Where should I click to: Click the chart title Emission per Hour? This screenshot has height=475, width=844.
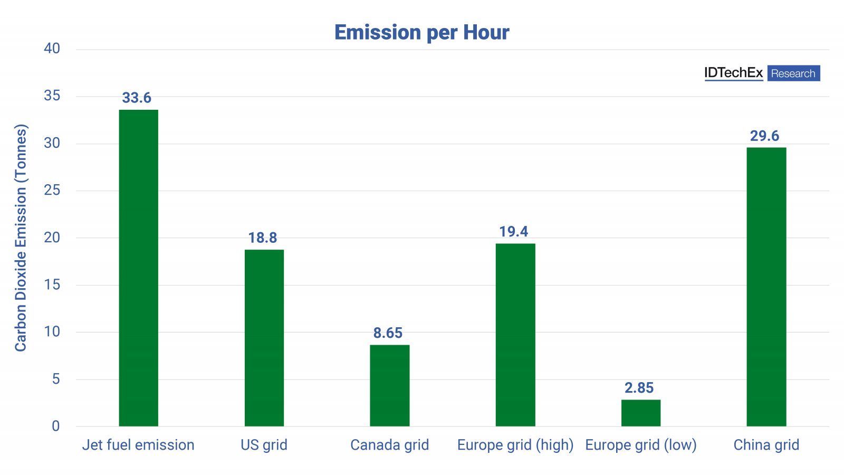click(x=421, y=33)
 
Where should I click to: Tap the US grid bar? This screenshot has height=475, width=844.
click(x=264, y=338)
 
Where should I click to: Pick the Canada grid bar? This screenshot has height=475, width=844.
click(x=389, y=385)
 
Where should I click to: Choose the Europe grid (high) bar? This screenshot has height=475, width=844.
click(x=515, y=335)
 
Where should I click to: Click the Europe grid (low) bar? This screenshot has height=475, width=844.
click(x=640, y=413)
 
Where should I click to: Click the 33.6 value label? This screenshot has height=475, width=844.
click(x=137, y=98)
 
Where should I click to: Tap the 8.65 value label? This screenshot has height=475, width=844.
click(x=388, y=333)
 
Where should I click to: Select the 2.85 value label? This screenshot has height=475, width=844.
click(x=639, y=388)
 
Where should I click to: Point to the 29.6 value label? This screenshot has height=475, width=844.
click(x=764, y=136)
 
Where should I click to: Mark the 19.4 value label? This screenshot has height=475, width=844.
click(x=514, y=232)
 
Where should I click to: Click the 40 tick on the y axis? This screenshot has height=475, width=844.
click(x=52, y=49)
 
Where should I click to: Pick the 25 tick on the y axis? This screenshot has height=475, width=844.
click(x=52, y=190)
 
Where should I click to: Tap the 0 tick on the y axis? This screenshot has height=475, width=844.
click(x=56, y=426)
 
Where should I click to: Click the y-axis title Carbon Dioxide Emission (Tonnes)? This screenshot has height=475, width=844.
click(x=21, y=237)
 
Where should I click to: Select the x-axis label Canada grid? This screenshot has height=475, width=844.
click(x=389, y=445)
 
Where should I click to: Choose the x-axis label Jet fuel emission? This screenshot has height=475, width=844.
click(x=138, y=445)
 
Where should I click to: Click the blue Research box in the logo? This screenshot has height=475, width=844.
click(x=793, y=73)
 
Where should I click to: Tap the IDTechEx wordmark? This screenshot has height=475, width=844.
click(x=733, y=73)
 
